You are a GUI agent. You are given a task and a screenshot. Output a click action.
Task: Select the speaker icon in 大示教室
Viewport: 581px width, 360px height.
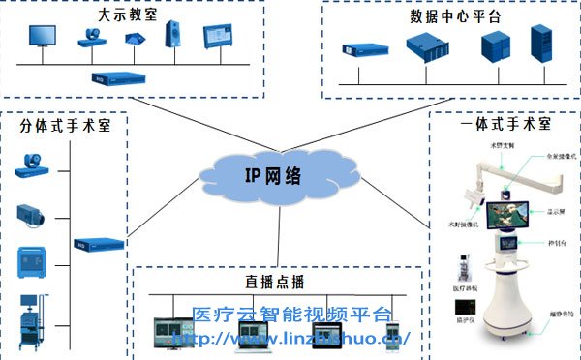coord(176,37)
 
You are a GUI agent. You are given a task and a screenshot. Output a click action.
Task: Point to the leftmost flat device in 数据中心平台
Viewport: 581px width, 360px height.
coord(356,48)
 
